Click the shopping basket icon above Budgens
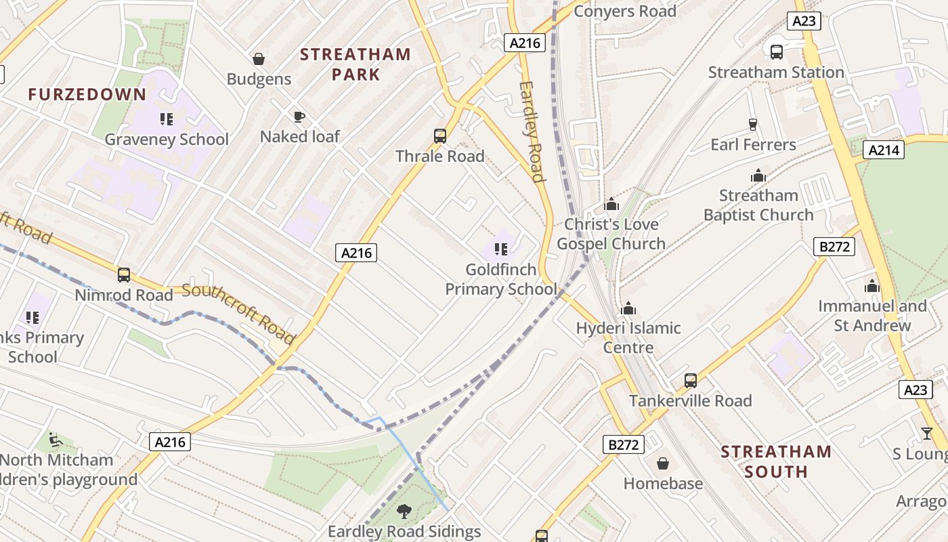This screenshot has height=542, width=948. [x=258, y=59]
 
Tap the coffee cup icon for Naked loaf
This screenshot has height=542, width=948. [x=299, y=117]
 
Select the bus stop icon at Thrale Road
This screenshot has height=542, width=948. [x=440, y=136]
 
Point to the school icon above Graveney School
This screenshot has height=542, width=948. [x=167, y=120]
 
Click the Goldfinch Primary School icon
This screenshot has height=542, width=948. [x=501, y=249]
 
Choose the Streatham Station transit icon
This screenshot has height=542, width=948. [x=777, y=51]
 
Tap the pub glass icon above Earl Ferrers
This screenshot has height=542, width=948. [x=752, y=125]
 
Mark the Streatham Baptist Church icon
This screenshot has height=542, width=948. [x=758, y=176]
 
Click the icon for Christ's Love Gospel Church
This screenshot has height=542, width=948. [x=611, y=204]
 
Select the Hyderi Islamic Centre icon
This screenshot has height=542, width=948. [x=628, y=308]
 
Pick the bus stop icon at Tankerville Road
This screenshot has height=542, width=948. [x=691, y=381]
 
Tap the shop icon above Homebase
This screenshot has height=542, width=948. [x=663, y=463]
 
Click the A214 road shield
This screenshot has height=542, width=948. [x=884, y=150]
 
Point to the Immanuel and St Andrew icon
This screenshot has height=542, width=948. [x=872, y=287]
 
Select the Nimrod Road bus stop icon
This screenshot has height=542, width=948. [x=124, y=275]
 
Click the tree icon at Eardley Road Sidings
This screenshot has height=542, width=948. [x=404, y=512]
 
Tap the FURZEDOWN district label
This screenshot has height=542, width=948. [x=87, y=94]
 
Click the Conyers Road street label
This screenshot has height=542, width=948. [x=624, y=12]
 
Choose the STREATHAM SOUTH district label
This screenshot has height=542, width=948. [x=776, y=461]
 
